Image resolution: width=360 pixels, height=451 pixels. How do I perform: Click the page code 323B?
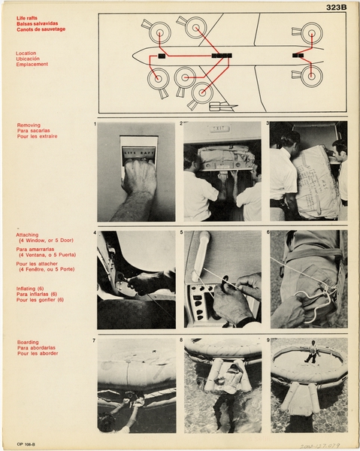pos(336,7)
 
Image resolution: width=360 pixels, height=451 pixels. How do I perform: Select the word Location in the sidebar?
pos(27,53)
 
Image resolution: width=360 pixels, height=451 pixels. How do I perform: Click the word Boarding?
pos(28,342)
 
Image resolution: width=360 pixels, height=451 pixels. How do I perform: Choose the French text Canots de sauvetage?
pos(41,29)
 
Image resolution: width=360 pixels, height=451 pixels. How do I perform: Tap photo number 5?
pos(222,279)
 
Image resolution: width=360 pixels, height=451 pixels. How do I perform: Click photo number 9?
pos(308,385)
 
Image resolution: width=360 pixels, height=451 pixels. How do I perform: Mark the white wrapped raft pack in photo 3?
pos(316,180)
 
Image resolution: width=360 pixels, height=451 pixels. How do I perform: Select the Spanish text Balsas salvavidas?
pos(38,23)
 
